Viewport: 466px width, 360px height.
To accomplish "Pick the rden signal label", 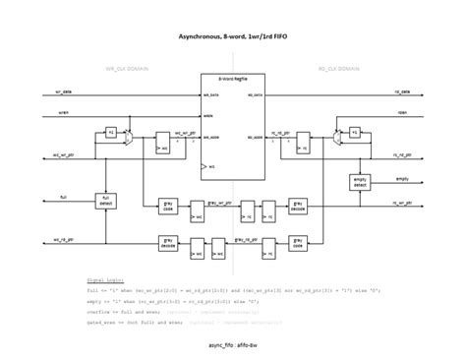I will click(402, 112).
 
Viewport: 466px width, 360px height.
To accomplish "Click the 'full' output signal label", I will click(64, 197).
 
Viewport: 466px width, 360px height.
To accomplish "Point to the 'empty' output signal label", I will click(402, 178).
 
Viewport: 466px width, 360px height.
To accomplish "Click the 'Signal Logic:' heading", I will click(103, 278).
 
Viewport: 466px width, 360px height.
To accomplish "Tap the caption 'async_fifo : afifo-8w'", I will click(232, 345).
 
